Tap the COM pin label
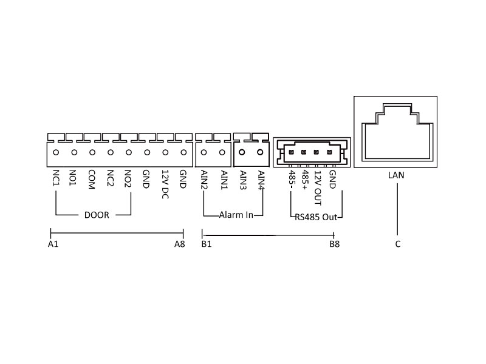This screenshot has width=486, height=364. point(92,180)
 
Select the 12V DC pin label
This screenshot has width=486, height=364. point(164,184)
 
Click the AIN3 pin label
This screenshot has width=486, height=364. point(243,180)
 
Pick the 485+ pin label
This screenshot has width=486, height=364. point(305,180)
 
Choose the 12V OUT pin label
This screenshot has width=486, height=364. point(318,185)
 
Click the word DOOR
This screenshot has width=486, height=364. point(96,215)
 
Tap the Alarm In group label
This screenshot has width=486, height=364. point(236,215)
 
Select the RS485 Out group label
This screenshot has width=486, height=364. point(316,216)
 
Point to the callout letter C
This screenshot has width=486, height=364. point(397,244)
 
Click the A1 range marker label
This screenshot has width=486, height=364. point(53,244)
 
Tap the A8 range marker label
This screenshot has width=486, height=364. point(179,244)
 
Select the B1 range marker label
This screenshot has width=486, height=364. point(206,244)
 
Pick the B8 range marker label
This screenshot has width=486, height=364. point(334,244)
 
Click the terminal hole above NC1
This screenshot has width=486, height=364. point(56,153)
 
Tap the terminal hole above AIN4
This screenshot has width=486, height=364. point(261,153)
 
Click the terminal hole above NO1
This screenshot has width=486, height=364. point(74,153)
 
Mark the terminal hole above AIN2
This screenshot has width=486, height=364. point(204,153)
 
